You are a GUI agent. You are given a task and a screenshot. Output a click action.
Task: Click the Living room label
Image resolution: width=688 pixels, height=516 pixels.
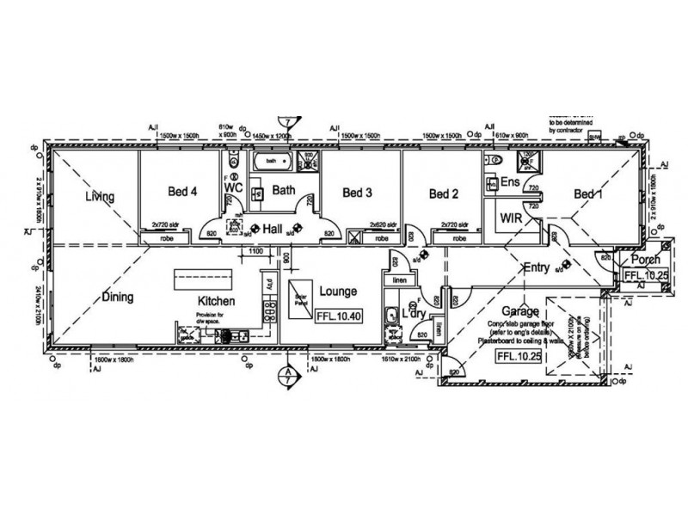pyautogui.click(x=100, y=198)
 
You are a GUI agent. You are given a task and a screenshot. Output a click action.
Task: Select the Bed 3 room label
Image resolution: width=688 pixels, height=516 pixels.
pyautogui.click(x=356, y=193)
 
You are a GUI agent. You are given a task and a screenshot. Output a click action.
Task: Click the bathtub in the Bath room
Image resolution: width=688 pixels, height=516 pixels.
pyautogui.click(x=272, y=161)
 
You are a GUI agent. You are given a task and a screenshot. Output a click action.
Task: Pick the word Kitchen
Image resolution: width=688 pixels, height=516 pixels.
pyautogui.click(x=218, y=301)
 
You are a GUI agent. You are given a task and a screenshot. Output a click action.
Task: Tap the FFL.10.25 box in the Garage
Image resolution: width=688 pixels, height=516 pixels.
pyautogui.click(x=518, y=356)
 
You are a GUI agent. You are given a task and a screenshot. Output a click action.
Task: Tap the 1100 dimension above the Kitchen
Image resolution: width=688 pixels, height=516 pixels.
pyautogui.click(x=255, y=250)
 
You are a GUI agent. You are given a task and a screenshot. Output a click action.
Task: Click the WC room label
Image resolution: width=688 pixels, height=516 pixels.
pyautogui.click(x=233, y=187)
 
